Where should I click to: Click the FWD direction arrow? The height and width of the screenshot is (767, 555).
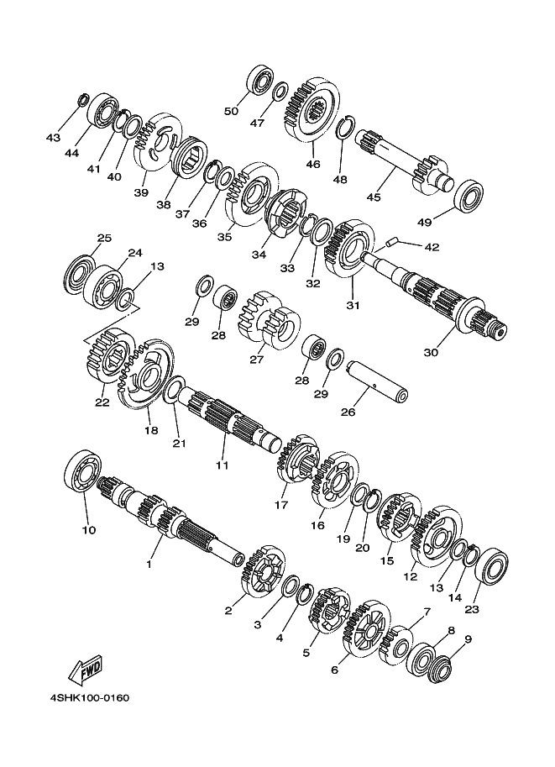[x=86, y=670]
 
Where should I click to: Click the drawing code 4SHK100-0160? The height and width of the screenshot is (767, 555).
[x=90, y=698]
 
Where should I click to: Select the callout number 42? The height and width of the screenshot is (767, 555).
[x=432, y=247]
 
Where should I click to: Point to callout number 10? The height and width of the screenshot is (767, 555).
[x=89, y=530]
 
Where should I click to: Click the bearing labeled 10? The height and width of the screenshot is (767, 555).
[x=82, y=473]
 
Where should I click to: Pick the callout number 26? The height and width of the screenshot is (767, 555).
[x=348, y=412]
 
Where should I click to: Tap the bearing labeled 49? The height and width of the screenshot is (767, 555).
[x=469, y=196]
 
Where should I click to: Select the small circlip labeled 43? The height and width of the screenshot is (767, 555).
[x=83, y=100]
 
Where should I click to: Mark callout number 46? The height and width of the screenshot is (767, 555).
[x=313, y=164]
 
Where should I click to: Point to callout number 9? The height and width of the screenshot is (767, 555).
[x=468, y=638]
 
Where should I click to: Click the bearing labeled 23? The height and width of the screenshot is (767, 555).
[x=492, y=565]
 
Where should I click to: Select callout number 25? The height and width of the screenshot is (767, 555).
[x=103, y=238]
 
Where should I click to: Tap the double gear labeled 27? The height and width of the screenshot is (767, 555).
[x=269, y=320]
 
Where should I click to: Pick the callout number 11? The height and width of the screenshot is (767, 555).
[x=222, y=465]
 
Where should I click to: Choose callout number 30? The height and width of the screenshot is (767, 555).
[x=431, y=352]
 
